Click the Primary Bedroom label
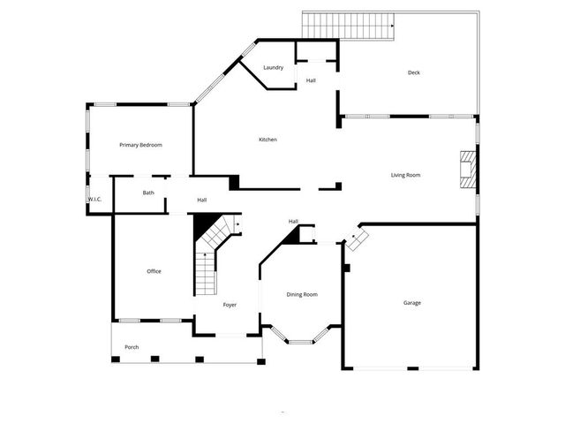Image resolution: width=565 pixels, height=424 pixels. pyautogui.click(x=141, y=145)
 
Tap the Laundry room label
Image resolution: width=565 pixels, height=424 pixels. pyautogui.click(x=273, y=68)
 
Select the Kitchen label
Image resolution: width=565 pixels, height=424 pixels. pyautogui.click(x=268, y=140)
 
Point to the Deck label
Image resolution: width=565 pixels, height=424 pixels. pyautogui.click(x=413, y=72)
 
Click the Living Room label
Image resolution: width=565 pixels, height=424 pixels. pyautogui.click(x=405, y=175)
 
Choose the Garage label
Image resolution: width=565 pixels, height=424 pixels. pyautogui.click(x=412, y=303)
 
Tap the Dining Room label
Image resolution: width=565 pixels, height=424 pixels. pyautogui.click(x=302, y=294)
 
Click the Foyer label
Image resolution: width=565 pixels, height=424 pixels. pyautogui.click(x=230, y=305)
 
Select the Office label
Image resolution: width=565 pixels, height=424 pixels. pyautogui.click(x=154, y=271)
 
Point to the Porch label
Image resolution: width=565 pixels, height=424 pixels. pyautogui.click(x=132, y=347)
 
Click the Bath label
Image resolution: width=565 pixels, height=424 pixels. pyautogui.click(x=148, y=193)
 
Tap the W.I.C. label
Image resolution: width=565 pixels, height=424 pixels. pyautogui.click(x=95, y=200)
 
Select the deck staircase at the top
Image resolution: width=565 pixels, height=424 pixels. pyautogui.click(x=348, y=26)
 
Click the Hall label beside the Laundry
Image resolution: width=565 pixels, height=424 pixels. pyautogui.click(x=312, y=81)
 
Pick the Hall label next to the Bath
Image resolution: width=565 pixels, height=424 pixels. pyautogui.click(x=202, y=200)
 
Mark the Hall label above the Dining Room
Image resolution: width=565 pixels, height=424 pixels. pyautogui.click(x=293, y=221)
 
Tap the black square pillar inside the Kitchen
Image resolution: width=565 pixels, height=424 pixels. pyautogui.click(x=234, y=182)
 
